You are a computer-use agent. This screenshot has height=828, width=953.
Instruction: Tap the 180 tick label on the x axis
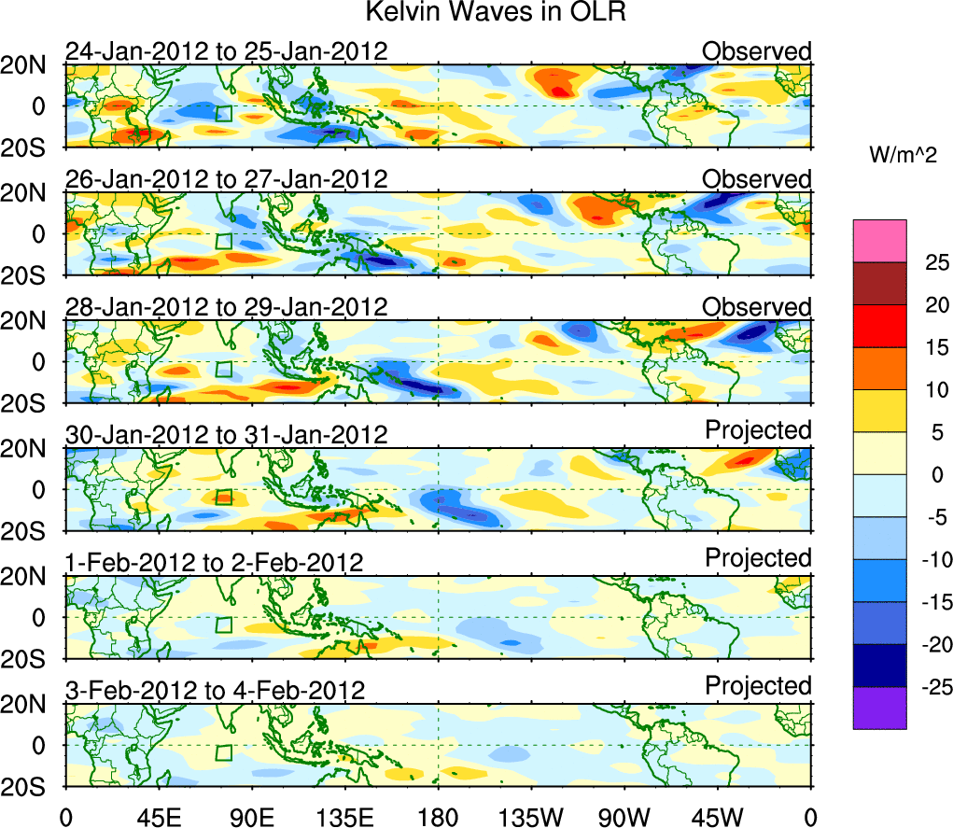pyautogui.click(x=438, y=816)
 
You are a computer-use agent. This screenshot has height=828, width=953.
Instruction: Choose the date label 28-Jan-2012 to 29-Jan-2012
pyautogui.click(x=226, y=307)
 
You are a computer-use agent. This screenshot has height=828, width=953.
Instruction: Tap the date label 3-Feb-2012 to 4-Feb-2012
pyautogui.click(x=215, y=691)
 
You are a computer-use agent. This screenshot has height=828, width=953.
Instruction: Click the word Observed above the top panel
pyautogui.click(x=757, y=51)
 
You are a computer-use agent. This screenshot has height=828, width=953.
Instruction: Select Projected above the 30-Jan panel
pyautogui.click(x=758, y=430)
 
